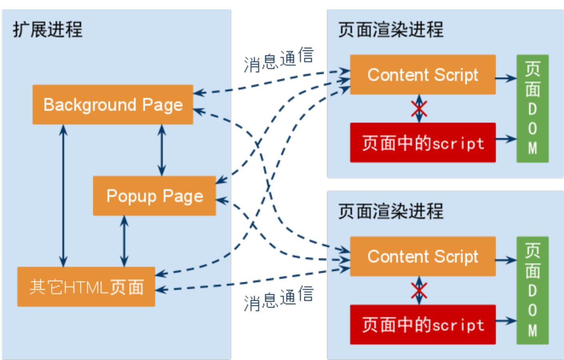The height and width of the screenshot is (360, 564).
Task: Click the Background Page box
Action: [113, 104]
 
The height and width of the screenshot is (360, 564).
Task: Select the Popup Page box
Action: [154, 196]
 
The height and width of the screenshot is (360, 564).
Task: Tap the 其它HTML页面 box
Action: [86, 287]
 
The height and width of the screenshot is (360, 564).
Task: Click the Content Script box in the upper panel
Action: [423, 75]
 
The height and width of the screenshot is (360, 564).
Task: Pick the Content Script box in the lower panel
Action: [423, 256]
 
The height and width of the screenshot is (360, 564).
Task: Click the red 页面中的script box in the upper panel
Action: [423, 143]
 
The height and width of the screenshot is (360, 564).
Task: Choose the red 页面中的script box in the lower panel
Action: [423, 324]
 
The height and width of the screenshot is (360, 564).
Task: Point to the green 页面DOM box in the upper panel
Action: [532, 108]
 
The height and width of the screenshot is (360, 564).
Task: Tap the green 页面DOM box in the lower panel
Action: [532, 290]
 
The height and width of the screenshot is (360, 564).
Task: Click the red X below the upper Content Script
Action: [419, 108]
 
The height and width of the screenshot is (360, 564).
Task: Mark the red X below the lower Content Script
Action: [419, 290]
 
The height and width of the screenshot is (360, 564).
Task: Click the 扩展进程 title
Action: [48, 30]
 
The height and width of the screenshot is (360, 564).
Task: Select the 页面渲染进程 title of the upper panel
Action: [391, 30]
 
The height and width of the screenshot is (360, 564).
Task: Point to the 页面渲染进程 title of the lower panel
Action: [391, 211]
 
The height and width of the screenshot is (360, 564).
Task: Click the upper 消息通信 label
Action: [279, 60]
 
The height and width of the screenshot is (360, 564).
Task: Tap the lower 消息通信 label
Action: [279, 298]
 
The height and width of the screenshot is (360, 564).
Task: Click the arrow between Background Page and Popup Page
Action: [162, 150]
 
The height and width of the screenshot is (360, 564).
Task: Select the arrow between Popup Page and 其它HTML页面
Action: [124, 241]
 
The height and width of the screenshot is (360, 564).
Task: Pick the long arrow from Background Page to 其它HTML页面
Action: [63, 196]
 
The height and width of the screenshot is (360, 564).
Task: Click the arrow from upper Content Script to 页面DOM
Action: [506, 78]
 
